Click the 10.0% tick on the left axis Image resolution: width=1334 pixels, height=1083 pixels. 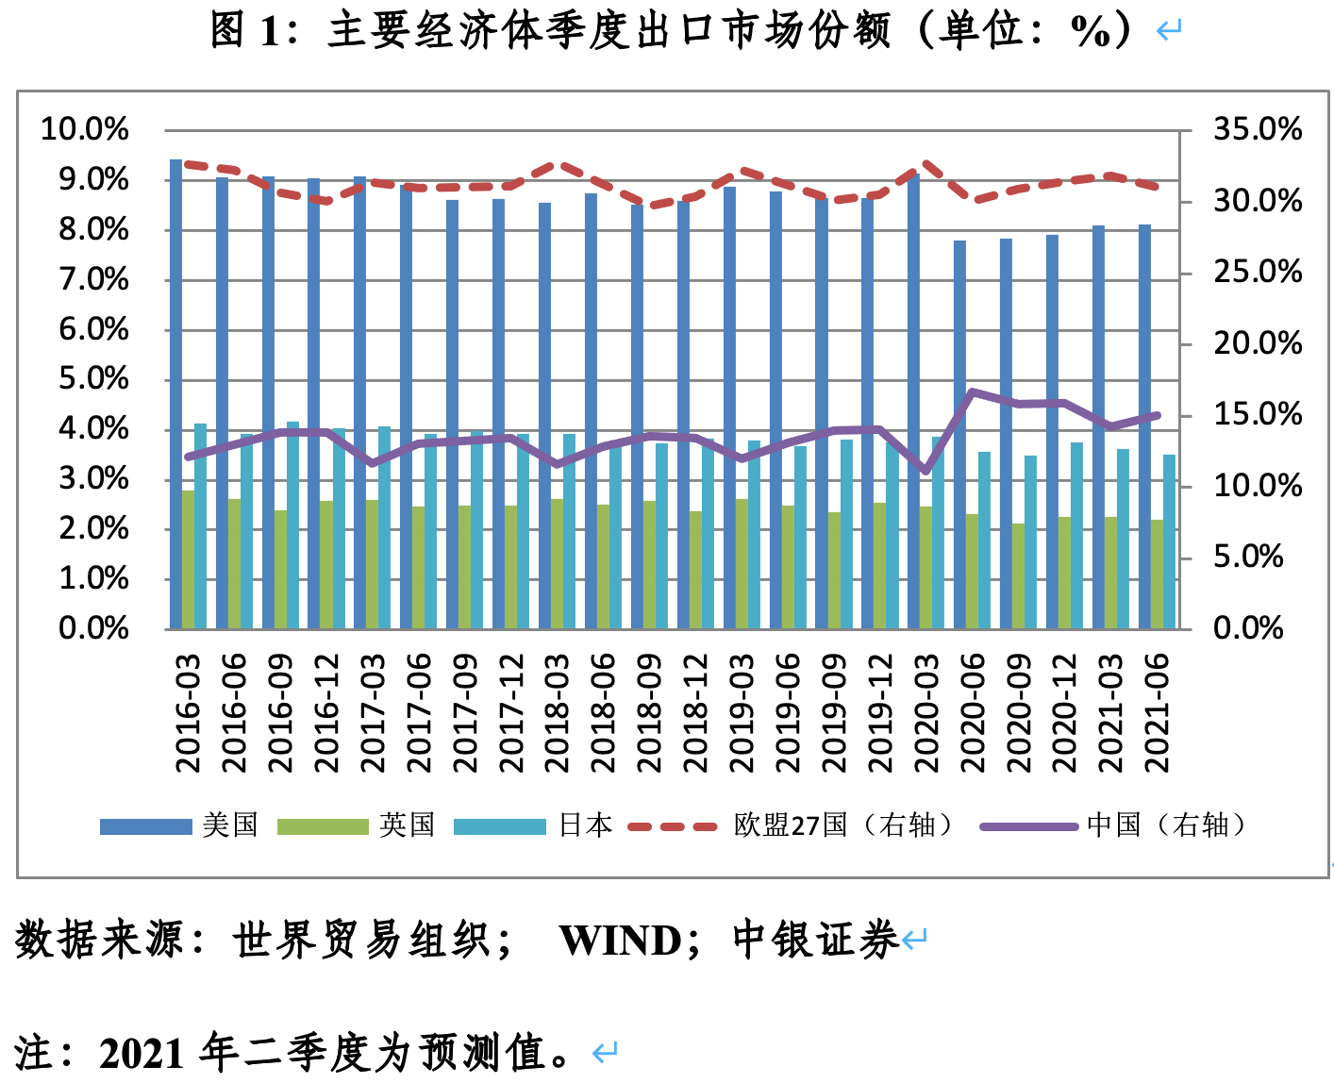pyautogui.click(x=84, y=130)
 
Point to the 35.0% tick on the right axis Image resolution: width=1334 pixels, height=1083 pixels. pyautogui.click(x=1257, y=130)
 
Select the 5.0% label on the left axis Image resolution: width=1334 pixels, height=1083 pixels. pyautogui.click(x=93, y=379)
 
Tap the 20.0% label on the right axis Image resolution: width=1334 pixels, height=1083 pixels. pyautogui.click(x=1257, y=343)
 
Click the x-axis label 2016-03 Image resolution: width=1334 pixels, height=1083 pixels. pyautogui.click(x=190, y=713)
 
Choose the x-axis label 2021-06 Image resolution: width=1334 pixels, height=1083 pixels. pyautogui.click(x=1157, y=713)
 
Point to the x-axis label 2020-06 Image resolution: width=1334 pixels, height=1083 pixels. pyautogui.click(x=973, y=713)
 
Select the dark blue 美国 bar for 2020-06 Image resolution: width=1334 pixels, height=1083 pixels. pyautogui.click(x=960, y=434)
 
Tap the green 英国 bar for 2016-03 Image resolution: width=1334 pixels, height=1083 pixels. pyautogui.click(x=189, y=559)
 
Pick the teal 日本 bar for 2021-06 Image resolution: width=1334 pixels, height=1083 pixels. pyautogui.click(x=1170, y=541)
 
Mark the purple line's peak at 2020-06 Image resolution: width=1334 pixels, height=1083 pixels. pyautogui.click(x=973, y=392)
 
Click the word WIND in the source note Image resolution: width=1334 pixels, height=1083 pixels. pyautogui.click(x=620, y=941)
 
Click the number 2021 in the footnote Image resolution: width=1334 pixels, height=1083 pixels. pyautogui.click(x=142, y=1054)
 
